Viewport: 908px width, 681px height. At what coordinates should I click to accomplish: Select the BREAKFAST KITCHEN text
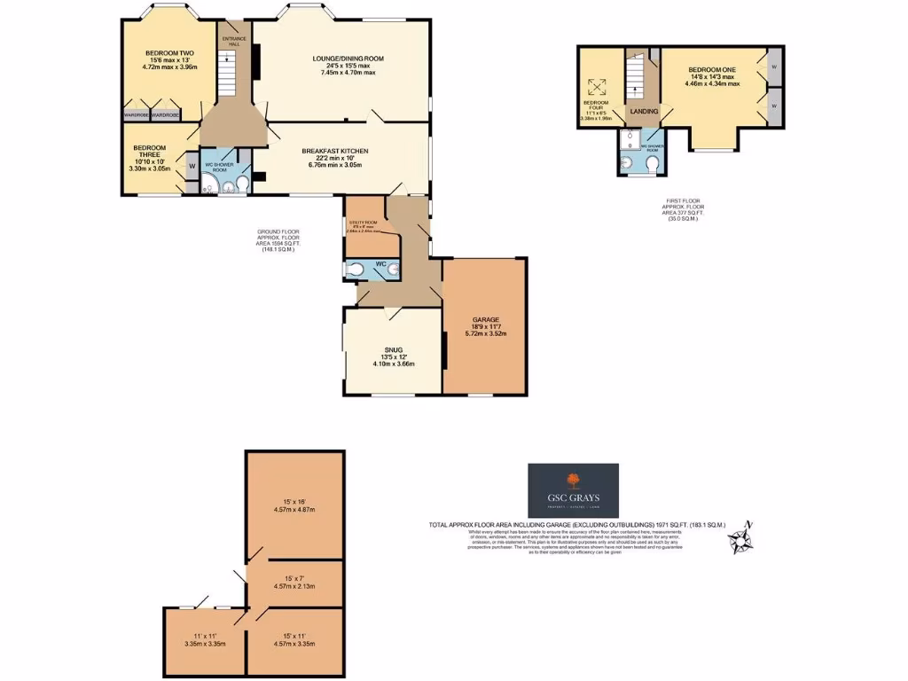(334, 152)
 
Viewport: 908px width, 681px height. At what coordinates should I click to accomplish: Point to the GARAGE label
(486, 319)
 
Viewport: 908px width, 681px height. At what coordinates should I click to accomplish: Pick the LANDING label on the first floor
(643, 112)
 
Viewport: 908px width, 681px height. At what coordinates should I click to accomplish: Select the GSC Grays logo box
(574, 489)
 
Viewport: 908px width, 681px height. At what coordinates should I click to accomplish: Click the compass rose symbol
(739, 537)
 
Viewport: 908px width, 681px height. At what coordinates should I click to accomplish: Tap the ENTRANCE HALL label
(234, 42)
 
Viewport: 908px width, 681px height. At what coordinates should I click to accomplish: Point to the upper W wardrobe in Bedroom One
(774, 67)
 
